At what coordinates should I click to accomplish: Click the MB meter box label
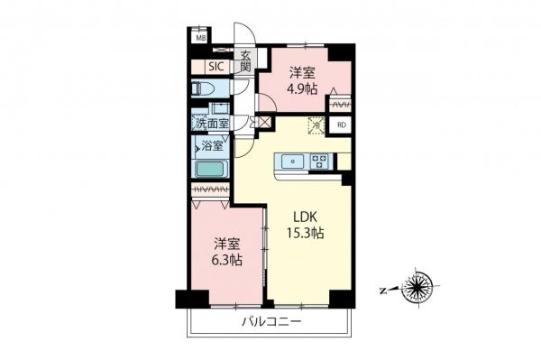[x=201, y=38]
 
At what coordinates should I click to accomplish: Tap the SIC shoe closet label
[x=216, y=67]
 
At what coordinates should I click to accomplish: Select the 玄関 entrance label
[x=245, y=61]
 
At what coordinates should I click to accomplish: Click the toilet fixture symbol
[x=203, y=88]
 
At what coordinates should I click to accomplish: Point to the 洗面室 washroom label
[x=210, y=124]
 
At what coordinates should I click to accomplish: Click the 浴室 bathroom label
[x=212, y=146]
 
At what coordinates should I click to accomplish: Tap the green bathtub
[x=210, y=169]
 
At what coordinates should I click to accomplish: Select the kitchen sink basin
[x=292, y=162]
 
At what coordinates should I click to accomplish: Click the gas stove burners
[x=319, y=162]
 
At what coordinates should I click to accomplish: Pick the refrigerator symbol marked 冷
[x=316, y=125]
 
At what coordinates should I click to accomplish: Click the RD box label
[x=342, y=125]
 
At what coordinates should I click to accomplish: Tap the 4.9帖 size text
[x=302, y=89]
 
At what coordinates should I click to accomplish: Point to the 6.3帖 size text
[x=226, y=260]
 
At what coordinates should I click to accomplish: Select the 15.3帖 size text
[x=305, y=234]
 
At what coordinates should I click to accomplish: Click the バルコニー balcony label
[x=271, y=322]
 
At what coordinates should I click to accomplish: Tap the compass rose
[x=418, y=286]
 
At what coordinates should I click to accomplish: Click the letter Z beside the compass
[x=383, y=291]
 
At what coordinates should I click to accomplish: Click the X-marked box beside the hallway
[x=265, y=122]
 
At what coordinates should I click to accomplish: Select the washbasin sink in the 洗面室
[x=220, y=108]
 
